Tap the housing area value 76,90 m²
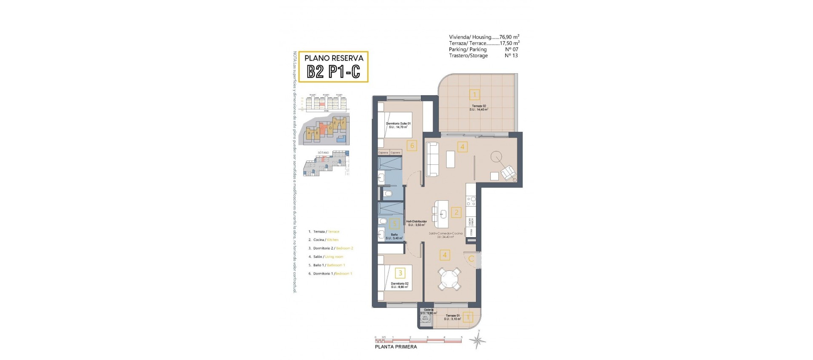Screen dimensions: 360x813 [x=509, y=37]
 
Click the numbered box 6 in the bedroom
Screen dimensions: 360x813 [x=412, y=146]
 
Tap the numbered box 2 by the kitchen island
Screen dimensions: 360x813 [x=456, y=212]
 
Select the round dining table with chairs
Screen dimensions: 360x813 [x=449, y=279]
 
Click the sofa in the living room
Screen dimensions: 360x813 [x=432, y=159]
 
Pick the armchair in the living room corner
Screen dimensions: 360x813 [x=508, y=173]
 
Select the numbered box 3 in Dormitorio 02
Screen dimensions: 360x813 [x=400, y=273]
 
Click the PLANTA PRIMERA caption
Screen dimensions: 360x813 [x=396, y=347]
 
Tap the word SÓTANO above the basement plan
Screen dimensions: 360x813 [x=323, y=152]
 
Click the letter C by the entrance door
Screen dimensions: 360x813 [x=471, y=259]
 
